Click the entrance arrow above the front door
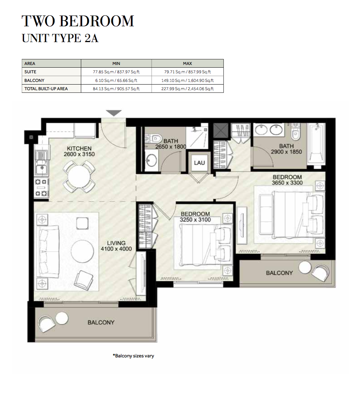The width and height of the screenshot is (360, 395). click(x=114, y=113)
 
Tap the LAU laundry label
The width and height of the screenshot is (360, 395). click(x=199, y=163)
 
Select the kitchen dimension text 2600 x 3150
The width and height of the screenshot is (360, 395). click(x=79, y=154)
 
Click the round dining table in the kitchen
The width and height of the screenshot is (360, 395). click(x=79, y=176)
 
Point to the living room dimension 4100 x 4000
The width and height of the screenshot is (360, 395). click(x=116, y=249)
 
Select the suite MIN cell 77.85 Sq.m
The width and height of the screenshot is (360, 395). click(x=116, y=72)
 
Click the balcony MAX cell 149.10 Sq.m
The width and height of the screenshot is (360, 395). click(x=188, y=80)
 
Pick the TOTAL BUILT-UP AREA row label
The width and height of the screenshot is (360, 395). click(x=46, y=89)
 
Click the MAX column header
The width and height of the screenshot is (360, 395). click(x=188, y=64)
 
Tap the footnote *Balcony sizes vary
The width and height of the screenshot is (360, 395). click(x=134, y=356)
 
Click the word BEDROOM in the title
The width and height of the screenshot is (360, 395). click(x=97, y=21)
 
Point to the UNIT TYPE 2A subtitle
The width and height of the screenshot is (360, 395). click(x=60, y=38)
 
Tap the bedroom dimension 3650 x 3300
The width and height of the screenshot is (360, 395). click(x=287, y=183)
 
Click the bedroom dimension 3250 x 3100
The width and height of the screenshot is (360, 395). click(x=195, y=219)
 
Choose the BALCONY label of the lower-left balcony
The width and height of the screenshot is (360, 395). click(x=101, y=322)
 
